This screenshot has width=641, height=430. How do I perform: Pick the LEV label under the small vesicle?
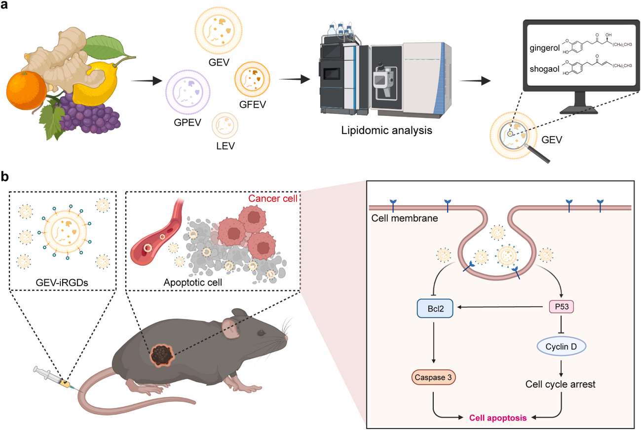(225, 145)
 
